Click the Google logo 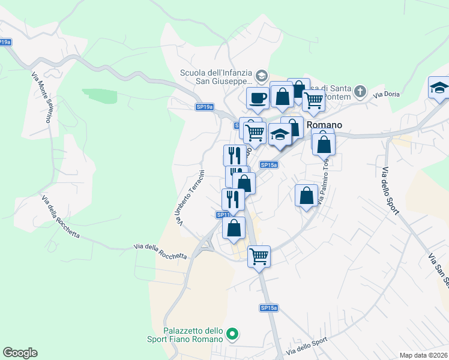click(20, 353)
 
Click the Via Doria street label click(386, 95)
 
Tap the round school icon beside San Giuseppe click(261, 76)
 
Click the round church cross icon click(360, 91)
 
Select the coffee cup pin click(258, 98)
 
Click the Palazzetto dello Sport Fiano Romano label click(193, 334)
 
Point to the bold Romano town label click(324, 125)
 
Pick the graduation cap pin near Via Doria click(439, 88)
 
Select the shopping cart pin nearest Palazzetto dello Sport click(259, 256)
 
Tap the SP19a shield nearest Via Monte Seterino click(5, 42)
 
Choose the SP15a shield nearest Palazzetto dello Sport click(269, 308)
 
